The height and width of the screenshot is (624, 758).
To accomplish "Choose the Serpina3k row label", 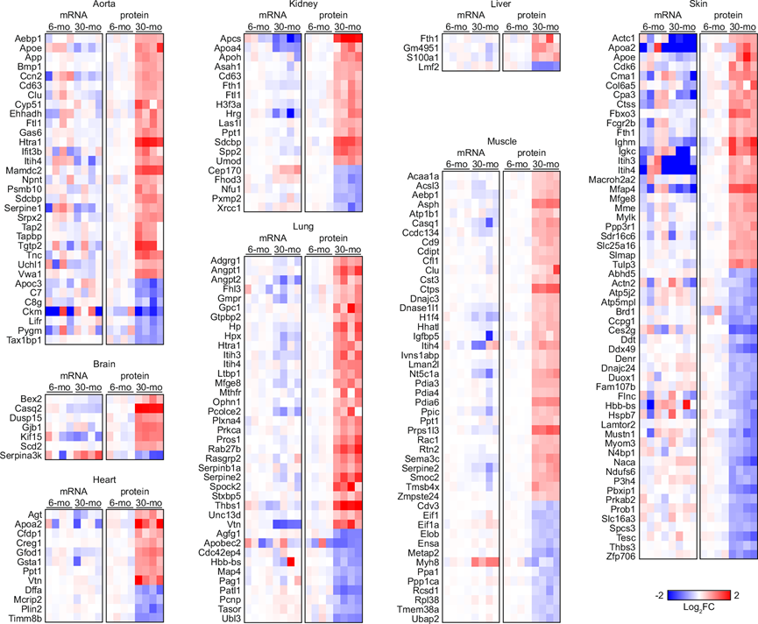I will click(19, 455).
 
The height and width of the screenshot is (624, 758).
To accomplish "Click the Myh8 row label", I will click(424, 562).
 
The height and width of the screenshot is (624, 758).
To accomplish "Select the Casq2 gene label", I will click(25, 409).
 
